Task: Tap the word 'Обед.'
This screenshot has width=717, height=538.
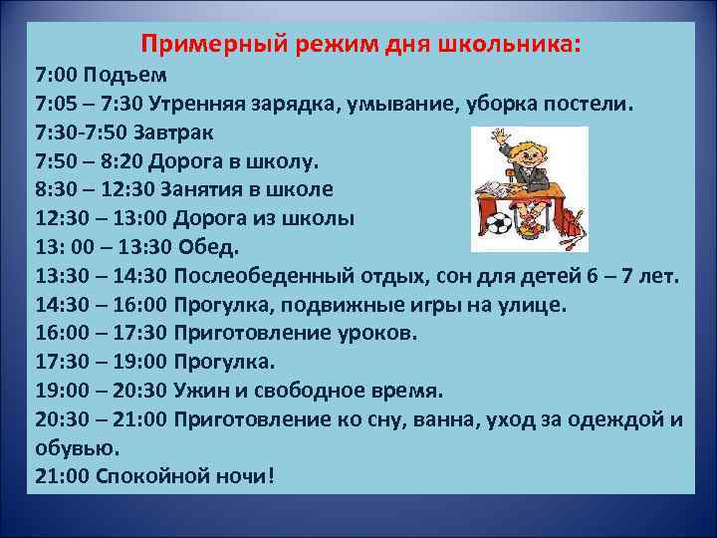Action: tap(210, 247)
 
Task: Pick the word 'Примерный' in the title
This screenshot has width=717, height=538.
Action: tap(202, 45)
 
